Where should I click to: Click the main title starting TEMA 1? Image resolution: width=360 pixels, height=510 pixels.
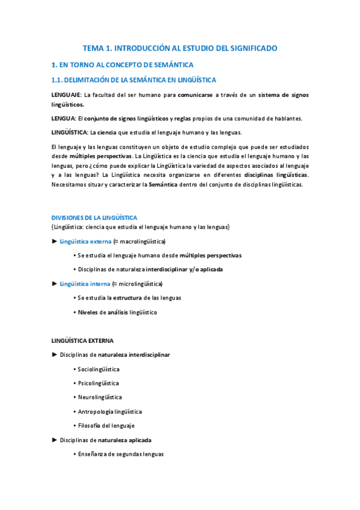[x=180, y=48]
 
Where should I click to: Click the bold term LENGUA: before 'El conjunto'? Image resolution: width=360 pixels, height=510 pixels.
[x=63, y=118]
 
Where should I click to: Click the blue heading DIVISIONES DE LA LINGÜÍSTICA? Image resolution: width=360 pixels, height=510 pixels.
[x=94, y=217]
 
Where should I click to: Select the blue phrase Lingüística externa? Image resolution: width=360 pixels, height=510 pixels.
[x=85, y=241]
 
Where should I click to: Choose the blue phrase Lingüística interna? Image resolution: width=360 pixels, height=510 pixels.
[x=85, y=284]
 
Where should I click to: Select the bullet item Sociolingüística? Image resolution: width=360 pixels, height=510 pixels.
[x=99, y=369]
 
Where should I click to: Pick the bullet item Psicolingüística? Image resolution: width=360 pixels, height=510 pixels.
[x=98, y=383]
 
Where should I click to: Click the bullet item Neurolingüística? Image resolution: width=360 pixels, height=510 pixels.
[x=100, y=397]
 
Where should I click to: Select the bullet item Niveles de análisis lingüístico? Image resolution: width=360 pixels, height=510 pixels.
[x=117, y=312]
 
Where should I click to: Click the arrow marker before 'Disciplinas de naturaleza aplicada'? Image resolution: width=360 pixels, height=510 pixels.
[x=55, y=440]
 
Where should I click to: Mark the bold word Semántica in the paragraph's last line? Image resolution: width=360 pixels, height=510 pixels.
[x=163, y=185]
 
